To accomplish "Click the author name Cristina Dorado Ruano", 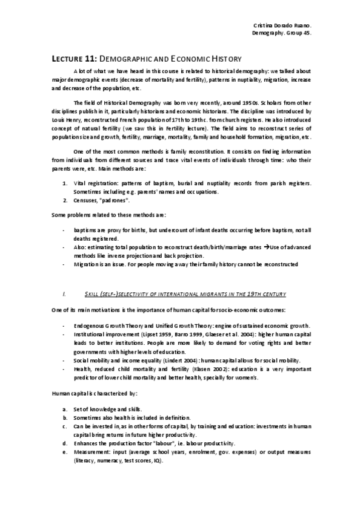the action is tap(281, 25).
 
